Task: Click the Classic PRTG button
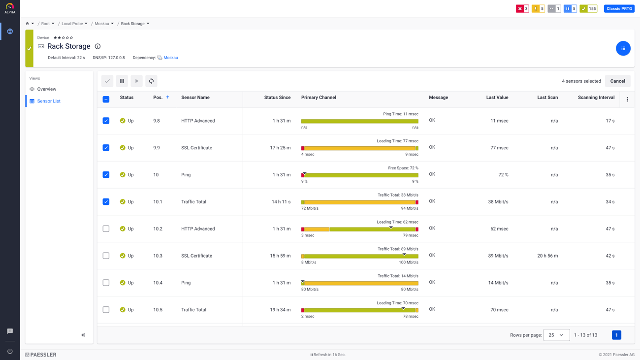[619, 9]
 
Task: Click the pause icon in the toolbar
[122, 81]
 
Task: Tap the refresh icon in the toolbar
[151, 81]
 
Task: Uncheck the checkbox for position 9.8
[106, 121]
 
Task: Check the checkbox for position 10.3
[106, 256]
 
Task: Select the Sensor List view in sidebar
[49, 101]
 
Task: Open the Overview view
[46, 89]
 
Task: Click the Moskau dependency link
[170, 58]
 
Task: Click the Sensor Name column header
[195, 98]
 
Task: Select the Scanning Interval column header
[596, 98]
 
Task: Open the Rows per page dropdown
[556, 335]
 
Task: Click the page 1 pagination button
[616, 335]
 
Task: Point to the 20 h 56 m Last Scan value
[547, 256]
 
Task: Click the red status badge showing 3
[522, 9]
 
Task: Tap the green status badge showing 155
[588, 9]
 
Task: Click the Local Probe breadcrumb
[72, 24]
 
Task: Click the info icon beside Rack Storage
[97, 46]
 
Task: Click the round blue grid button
[623, 48]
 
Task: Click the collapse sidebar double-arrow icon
[83, 335]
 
